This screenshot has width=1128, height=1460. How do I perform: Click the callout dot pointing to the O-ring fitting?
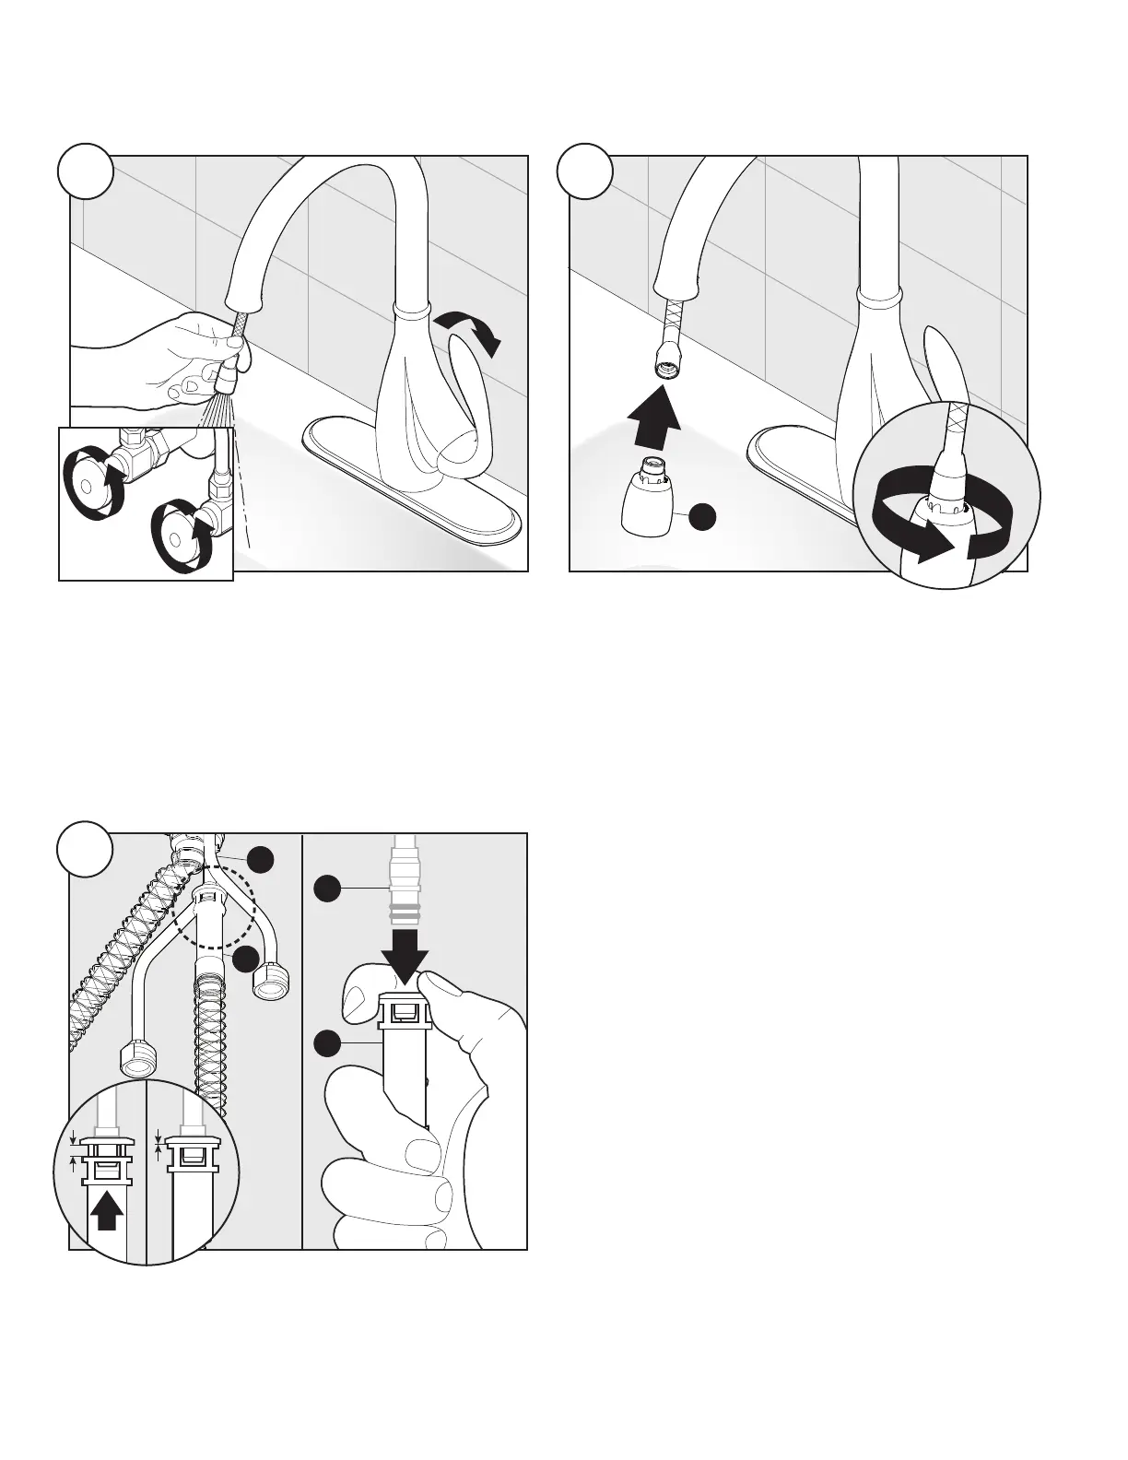point(326,889)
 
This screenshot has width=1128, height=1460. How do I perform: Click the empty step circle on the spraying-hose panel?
point(84,172)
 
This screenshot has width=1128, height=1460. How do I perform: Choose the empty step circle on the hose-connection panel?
point(84,851)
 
